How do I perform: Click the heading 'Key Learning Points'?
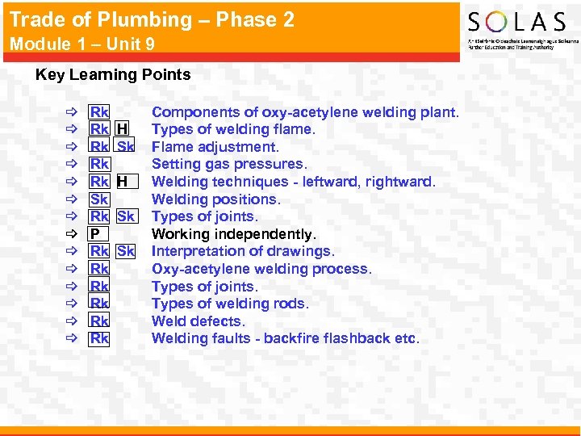[x=113, y=75]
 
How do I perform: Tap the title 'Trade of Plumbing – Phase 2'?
[x=152, y=19]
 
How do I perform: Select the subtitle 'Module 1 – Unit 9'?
[x=82, y=44]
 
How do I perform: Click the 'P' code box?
[x=95, y=234]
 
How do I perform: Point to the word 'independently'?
[x=266, y=234]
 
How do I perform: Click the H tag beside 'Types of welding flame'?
[x=122, y=129]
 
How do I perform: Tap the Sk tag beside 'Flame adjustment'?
[x=125, y=147]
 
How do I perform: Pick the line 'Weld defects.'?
[x=199, y=321]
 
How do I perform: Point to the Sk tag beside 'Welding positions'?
[x=99, y=199]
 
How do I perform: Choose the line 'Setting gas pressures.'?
[x=229, y=164]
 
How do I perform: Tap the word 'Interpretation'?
[x=194, y=251]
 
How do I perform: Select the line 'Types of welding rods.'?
[x=230, y=304]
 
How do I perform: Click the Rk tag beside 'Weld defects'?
[x=99, y=321]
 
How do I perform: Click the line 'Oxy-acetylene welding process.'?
[x=261, y=269]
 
